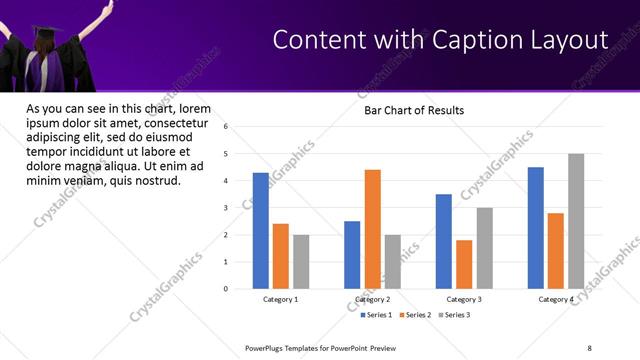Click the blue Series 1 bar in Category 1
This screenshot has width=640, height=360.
click(x=260, y=231)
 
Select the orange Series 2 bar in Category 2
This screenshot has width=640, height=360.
click(x=372, y=229)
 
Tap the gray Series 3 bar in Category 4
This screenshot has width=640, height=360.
click(x=576, y=221)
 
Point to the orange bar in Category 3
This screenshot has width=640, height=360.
click(x=464, y=264)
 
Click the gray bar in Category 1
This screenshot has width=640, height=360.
click(x=301, y=262)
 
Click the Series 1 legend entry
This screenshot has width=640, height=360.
click(x=377, y=315)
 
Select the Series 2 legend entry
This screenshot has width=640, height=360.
click(x=416, y=315)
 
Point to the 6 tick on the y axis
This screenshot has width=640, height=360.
click(x=227, y=127)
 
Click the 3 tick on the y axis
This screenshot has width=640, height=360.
click(x=227, y=208)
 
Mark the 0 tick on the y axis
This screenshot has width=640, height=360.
click(x=227, y=289)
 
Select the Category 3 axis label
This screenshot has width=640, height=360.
click(x=463, y=299)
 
